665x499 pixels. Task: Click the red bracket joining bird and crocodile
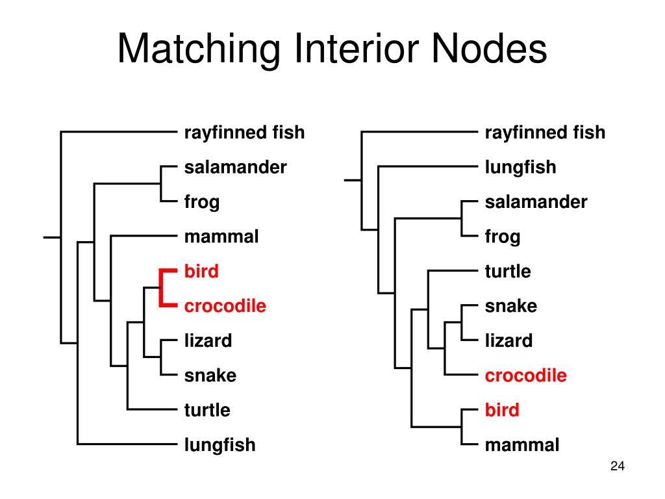point(161,287)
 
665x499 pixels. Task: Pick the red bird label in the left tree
point(201,271)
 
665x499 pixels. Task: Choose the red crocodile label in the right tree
point(525,376)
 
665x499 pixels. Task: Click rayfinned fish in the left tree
point(244,133)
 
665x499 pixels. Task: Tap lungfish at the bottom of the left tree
point(220,445)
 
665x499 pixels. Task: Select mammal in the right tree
point(521,445)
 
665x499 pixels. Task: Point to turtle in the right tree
point(508,271)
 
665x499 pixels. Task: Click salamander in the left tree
point(235,167)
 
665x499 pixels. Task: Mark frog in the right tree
point(502,237)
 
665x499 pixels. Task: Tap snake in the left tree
point(210,376)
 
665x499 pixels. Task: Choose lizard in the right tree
point(508,340)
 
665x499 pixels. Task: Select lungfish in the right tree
point(520,167)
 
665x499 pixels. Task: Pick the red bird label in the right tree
point(502,410)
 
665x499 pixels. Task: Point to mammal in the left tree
point(221,237)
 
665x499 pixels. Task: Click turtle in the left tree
point(207,410)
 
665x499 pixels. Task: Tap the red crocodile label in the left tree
point(225,306)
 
